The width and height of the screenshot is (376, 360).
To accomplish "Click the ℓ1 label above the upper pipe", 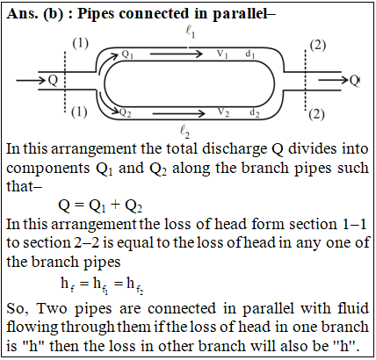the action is click(x=190, y=32).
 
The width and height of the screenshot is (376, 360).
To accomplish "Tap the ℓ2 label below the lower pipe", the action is click(x=184, y=131).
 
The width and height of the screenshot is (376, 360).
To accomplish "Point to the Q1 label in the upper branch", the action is click(x=127, y=54).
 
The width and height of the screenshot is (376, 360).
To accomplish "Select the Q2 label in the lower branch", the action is click(x=126, y=112).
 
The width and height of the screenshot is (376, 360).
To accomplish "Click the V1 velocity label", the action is click(x=222, y=54).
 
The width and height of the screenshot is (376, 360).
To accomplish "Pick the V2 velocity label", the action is click(x=223, y=112).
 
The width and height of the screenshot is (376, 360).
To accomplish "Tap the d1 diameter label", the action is click(x=250, y=54).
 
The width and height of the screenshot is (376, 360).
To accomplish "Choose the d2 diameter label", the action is click(x=254, y=112).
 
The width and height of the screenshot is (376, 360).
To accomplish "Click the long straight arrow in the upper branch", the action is click(x=177, y=54).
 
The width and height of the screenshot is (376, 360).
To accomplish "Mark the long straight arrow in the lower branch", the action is click(x=179, y=113).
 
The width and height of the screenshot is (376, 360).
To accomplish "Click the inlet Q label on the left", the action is click(x=53, y=80).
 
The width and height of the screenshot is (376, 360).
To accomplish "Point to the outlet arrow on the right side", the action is click(x=333, y=79).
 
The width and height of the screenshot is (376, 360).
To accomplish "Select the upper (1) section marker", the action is click(x=81, y=44).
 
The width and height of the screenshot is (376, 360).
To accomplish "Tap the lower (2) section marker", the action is click(x=317, y=114).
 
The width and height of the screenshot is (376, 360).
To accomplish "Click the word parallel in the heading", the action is click(x=240, y=14).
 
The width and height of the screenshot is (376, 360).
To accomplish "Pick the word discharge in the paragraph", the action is click(x=235, y=149).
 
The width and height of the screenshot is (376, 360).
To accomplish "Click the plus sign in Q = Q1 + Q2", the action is click(x=115, y=205).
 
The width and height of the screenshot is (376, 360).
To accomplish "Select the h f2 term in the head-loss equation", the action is click(x=134, y=284).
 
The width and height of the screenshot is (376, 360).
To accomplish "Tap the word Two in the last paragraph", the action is click(x=52, y=308).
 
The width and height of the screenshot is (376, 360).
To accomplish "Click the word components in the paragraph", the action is click(x=48, y=169).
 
